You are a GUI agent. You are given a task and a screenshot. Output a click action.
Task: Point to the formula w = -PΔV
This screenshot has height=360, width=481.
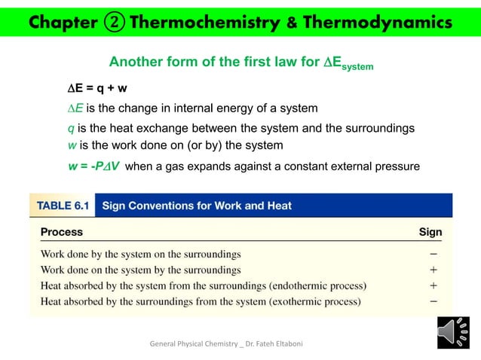[x=93, y=166]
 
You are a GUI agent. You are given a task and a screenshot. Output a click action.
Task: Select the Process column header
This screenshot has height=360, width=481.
[x=61, y=232]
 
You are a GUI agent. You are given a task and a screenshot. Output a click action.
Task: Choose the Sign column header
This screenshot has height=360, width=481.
[x=430, y=232]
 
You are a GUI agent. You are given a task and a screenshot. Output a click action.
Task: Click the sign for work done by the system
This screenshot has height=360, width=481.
[x=434, y=254]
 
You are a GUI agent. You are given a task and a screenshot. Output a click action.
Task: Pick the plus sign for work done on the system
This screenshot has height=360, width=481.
[x=434, y=270]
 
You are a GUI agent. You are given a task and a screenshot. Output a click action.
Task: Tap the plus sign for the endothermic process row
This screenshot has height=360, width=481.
[x=434, y=286]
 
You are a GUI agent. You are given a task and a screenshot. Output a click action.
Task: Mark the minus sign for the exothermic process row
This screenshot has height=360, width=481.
[x=434, y=302]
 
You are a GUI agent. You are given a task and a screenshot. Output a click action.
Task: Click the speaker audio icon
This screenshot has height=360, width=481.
[x=453, y=333]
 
